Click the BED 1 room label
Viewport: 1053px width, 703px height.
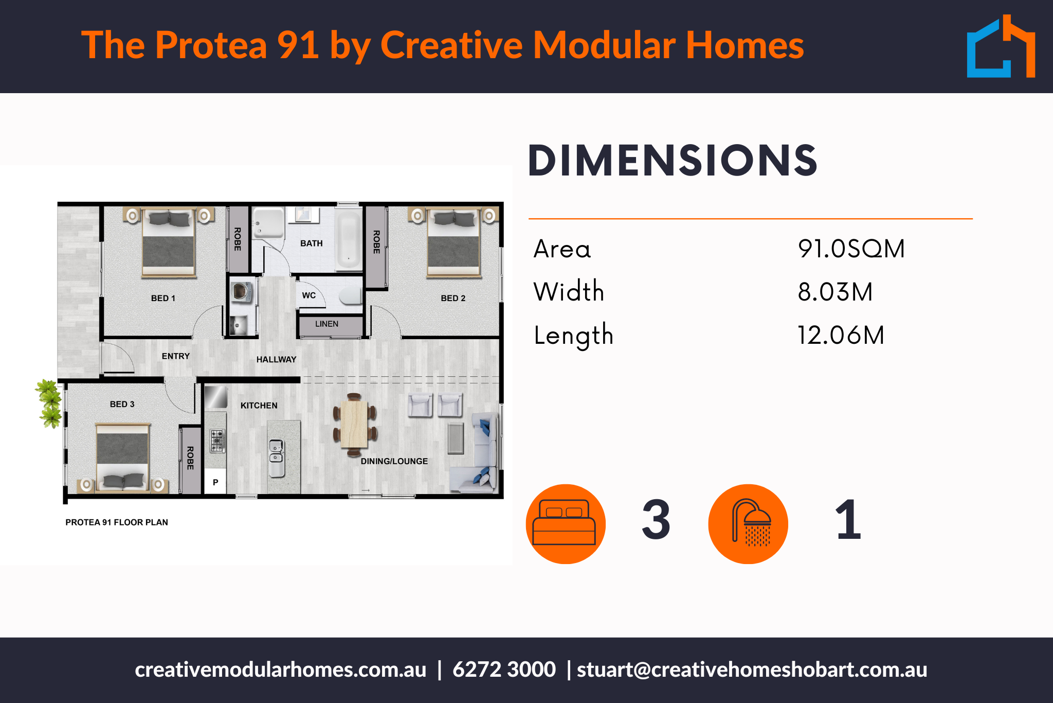(x=163, y=298)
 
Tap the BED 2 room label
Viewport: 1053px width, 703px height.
(x=453, y=298)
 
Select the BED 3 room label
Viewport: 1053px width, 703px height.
(x=122, y=405)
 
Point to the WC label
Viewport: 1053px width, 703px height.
(x=309, y=295)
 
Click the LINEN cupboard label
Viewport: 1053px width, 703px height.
(x=327, y=324)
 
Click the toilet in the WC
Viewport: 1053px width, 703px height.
(x=351, y=296)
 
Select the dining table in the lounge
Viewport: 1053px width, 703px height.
(x=354, y=424)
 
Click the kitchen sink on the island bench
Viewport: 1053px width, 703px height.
(x=277, y=458)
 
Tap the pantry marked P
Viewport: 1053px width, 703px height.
(x=215, y=482)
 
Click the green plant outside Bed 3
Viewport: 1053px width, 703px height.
(x=49, y=403)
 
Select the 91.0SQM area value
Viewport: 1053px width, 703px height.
(x=851, y=249)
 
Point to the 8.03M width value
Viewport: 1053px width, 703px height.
(x=835, y=292)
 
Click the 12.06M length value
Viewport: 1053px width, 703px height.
(x=841, y=335)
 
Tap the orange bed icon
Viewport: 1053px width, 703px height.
(x=566, y=524)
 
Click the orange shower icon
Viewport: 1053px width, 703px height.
(x=748, y=524)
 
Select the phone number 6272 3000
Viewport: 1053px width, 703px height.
(x=504, y=670)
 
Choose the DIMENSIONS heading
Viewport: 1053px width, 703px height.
(x=673, y=161)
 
